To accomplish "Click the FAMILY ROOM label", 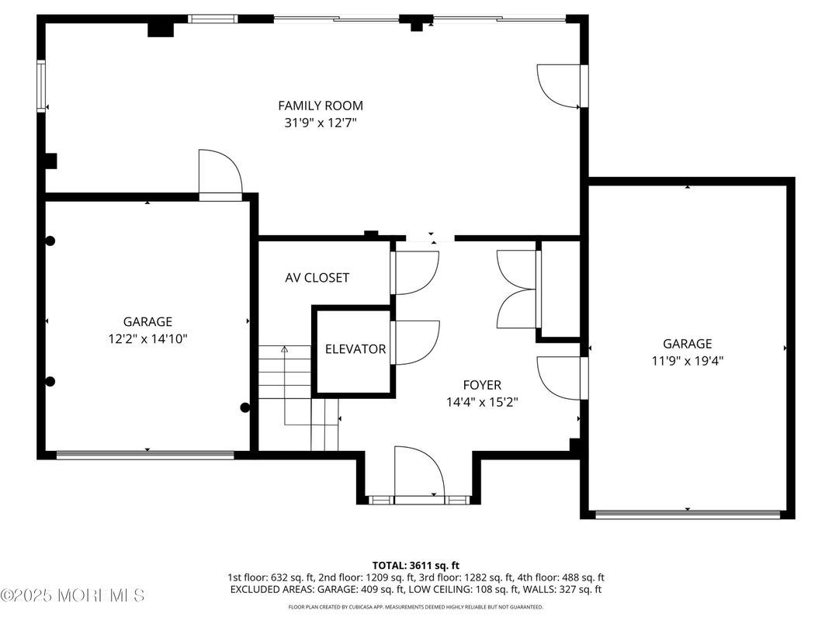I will click(321, 106).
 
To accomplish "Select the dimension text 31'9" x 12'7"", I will click(321, 123).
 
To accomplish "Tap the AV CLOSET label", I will click(317, 278).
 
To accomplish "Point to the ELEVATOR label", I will click(355, 349).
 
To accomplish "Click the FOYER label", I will click(482, 385).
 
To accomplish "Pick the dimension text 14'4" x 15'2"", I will click(482, 402).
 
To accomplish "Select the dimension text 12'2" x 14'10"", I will click(147, 338).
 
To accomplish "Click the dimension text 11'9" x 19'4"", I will click(687, 360).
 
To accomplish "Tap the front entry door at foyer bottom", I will click(418, 473).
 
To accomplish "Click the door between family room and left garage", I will click(220, 175).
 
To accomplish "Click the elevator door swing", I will click(415, 342).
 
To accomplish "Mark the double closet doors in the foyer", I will click(517, 289).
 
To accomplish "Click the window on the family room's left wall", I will click(41, 87).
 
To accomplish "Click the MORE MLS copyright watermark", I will click(72, 596).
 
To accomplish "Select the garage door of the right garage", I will click(687, 514).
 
